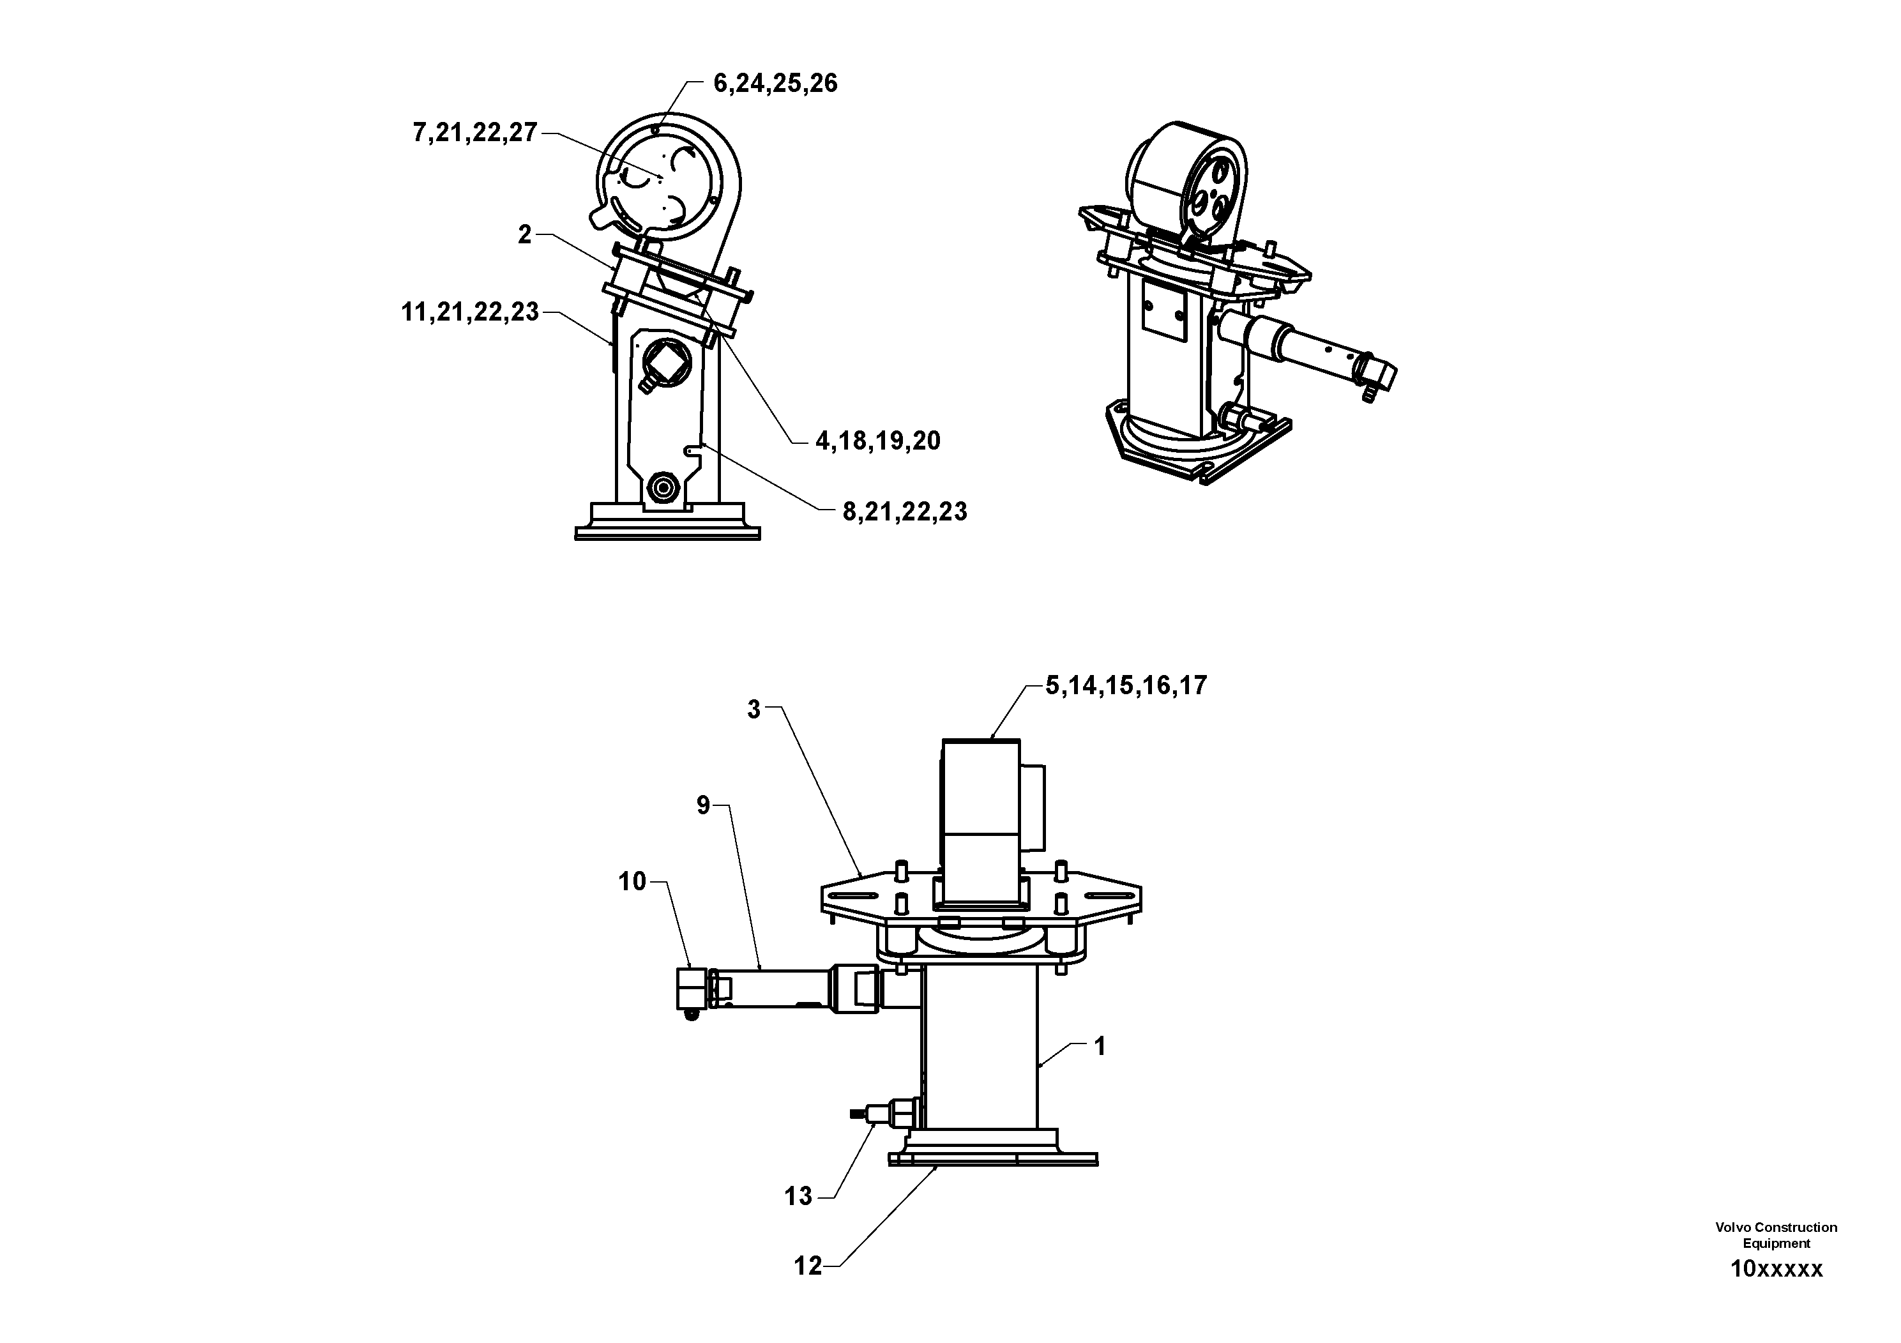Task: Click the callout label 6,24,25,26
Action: coord(775,84)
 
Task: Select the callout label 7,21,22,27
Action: coord(475,133)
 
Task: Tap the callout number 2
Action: coord(525,235)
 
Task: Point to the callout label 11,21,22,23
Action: coord(470,313)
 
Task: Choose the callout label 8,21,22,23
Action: coord(905,513)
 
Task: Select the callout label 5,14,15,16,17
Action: coord(1126,686)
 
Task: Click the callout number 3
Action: coord(754,709)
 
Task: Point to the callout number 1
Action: coord(1100,1047)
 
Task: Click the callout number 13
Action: coord(799,1197)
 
